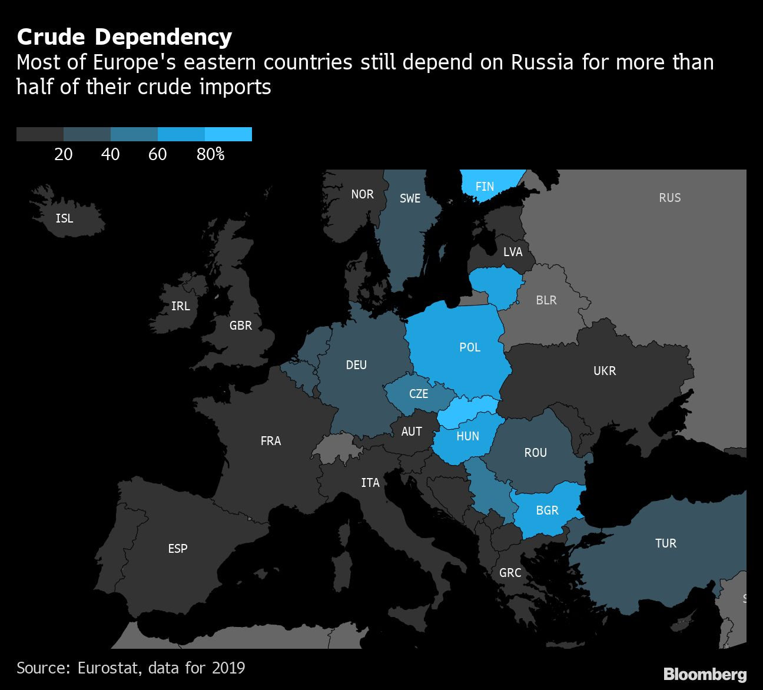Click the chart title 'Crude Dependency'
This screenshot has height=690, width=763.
[124, 37]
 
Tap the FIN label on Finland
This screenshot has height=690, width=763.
[485, 187]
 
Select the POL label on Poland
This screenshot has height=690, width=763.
[470, 347]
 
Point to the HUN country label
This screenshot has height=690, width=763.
[467, 436]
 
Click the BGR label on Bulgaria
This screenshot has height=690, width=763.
[547, 510]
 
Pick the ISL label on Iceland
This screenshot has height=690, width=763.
[64, 218]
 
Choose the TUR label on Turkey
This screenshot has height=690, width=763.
[666, 543]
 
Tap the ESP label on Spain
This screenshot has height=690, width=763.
[178, 549]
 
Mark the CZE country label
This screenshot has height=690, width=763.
[419, 394]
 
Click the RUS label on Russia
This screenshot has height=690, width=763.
[669, 198]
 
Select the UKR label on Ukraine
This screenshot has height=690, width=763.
[605, 371]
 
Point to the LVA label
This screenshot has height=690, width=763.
[513, 252]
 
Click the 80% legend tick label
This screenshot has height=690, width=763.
[211, 154]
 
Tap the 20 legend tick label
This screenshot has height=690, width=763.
[64, 154]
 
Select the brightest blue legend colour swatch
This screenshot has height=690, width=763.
[228, 134]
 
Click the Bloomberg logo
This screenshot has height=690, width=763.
[705, 674]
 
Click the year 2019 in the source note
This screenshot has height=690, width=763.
[228, 668]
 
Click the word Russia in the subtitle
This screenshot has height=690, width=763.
[542, 62]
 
